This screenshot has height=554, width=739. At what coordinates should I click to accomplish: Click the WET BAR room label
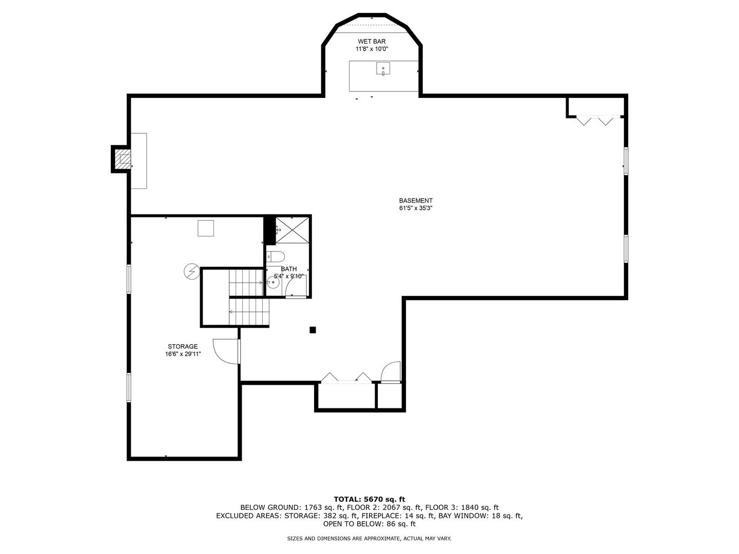point(372,42)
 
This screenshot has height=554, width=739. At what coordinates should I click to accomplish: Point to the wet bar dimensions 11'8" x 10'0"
point(372,49)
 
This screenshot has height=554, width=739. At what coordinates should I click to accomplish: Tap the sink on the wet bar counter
point(383,69)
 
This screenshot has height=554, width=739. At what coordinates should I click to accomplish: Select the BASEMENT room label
point(416,201)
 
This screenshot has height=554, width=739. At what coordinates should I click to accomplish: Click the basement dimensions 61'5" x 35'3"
point(416,208)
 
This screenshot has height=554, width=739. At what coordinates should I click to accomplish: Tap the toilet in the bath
point(276,256)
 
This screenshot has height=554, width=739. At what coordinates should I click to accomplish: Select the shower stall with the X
point(293,229)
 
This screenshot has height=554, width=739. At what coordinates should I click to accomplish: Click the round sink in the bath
point(273,282)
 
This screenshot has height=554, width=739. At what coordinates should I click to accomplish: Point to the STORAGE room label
point(183,347)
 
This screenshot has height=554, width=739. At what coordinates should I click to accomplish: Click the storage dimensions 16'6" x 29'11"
point(183,354)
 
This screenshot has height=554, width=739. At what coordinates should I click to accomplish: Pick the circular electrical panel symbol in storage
point(191,271)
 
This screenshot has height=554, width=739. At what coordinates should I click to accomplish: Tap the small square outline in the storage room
point(206,228)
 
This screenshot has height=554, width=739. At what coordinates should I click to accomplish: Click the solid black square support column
point(313,330)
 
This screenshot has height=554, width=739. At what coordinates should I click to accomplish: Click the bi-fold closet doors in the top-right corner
point(595,120)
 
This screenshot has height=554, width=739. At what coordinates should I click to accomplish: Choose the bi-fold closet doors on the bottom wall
point(346,379)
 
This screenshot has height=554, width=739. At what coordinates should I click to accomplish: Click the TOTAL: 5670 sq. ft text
point(369,499)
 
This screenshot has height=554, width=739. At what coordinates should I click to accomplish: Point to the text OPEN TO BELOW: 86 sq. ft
point(369,524)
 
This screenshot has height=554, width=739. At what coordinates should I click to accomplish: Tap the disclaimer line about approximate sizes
point(369,539)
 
